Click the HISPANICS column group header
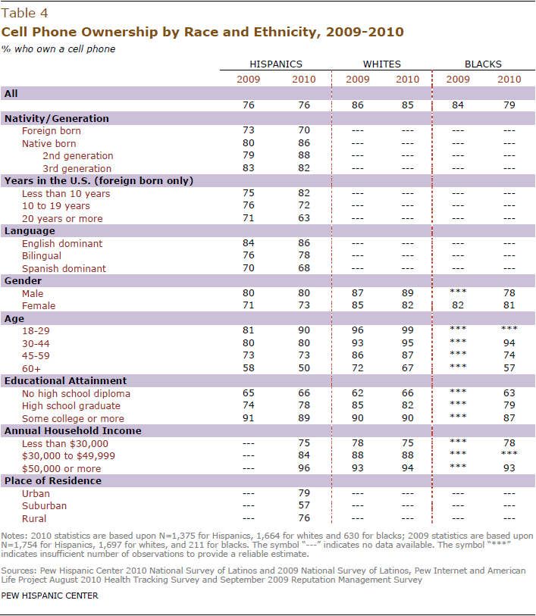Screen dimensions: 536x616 276,64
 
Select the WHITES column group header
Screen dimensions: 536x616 381,64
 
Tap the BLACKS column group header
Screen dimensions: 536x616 483,64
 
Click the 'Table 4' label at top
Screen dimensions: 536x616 24,14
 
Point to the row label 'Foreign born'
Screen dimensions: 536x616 52,131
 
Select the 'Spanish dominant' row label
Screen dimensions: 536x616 64,269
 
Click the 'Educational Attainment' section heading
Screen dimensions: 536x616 66,380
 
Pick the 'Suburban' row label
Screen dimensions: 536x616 45,505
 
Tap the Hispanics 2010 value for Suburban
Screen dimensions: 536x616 304,505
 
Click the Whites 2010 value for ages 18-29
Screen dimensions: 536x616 408,330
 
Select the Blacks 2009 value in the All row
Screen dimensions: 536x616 458,105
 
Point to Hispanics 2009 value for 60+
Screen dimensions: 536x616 249,368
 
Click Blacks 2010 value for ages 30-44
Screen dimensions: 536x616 509,343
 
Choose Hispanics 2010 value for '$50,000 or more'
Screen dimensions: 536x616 304,468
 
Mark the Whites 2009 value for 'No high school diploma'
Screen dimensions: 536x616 358,393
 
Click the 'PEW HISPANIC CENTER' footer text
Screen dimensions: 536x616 49,596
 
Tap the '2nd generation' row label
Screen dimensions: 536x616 78,156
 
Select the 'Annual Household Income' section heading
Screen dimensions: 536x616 73,431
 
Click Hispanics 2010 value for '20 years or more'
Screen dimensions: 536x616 304,218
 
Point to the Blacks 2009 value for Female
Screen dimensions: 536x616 458,305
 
